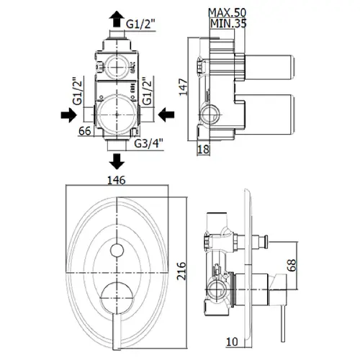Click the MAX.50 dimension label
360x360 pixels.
[x=227, y=12]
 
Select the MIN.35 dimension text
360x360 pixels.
[x=228, y=24]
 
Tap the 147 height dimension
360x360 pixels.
[x=184, y=87]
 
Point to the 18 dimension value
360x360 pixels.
[x=203, y=149]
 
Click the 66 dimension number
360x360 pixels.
[x=85, y=131]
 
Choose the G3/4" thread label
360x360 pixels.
[x=149, y=143]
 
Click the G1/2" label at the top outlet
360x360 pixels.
[x=141, y=24]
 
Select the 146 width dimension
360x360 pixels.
[x=117, y=180]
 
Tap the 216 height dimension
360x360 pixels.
[x=181, y=271]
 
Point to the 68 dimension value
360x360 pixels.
[x=292, y=265]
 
